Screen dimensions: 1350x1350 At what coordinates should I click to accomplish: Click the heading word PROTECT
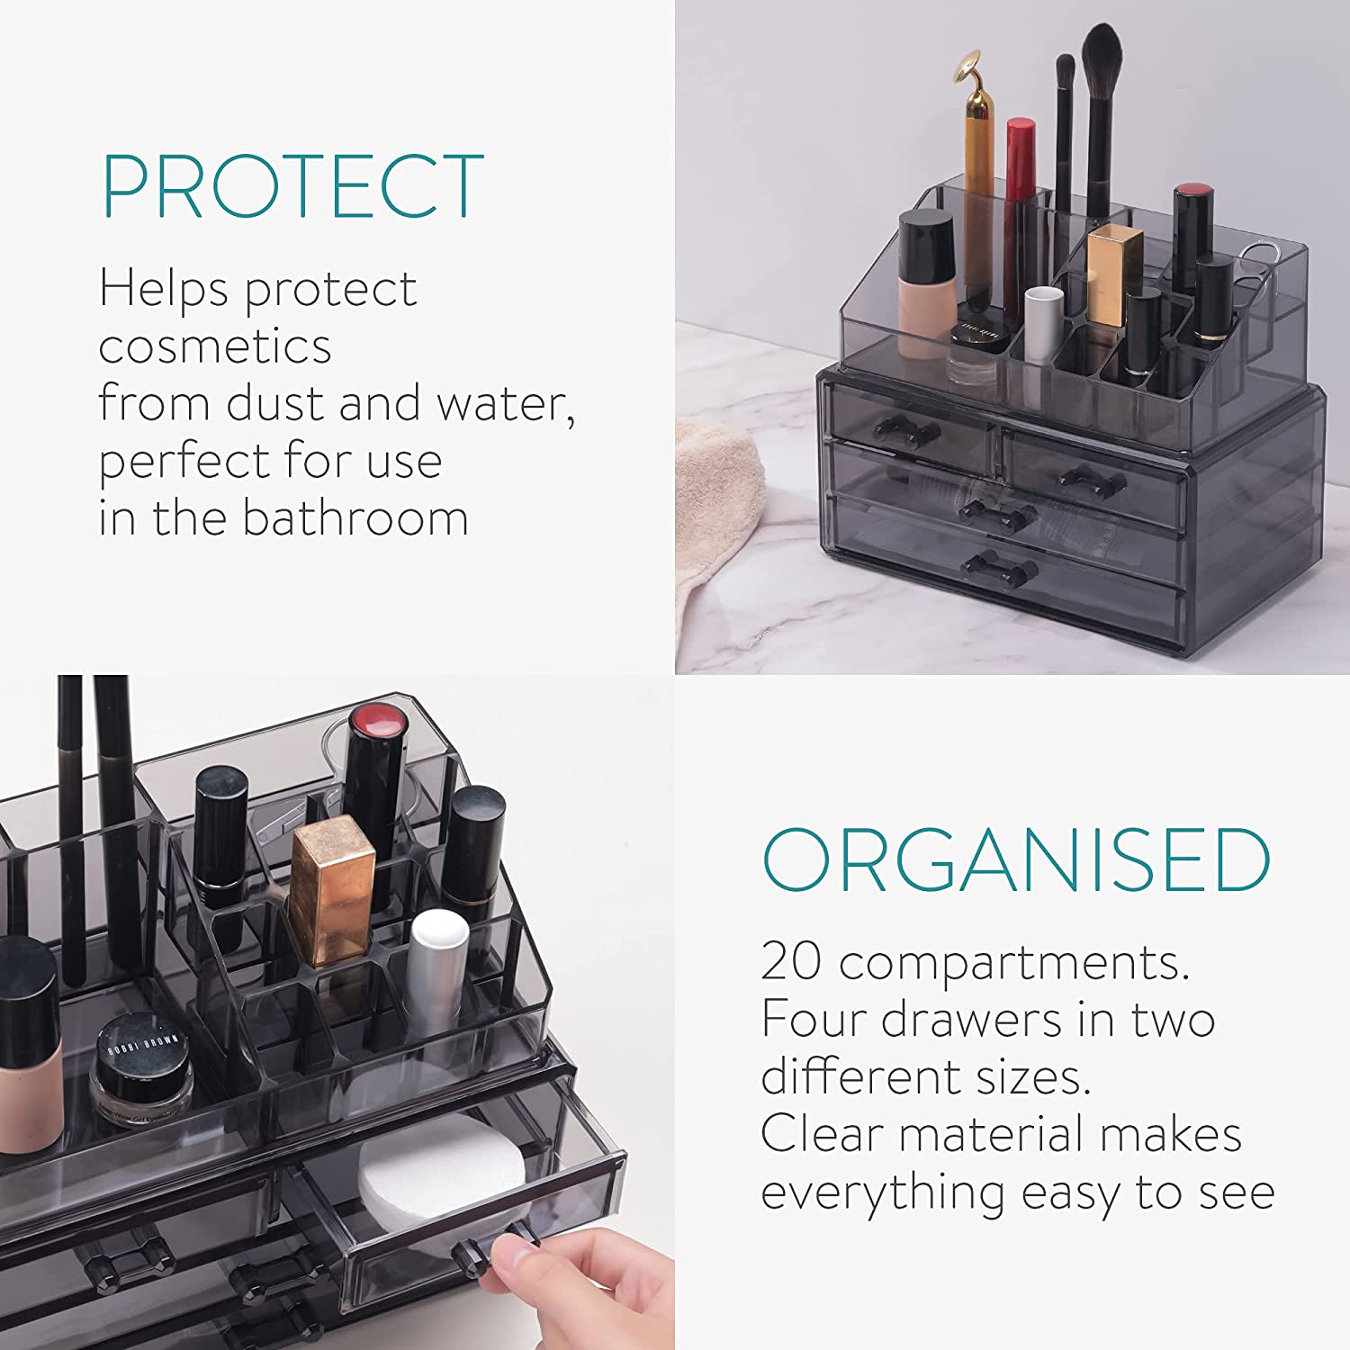tap(292, 186)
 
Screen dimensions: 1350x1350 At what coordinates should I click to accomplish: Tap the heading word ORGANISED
tap(1016, 859)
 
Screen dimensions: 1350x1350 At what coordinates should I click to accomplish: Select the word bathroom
tap(355, 518)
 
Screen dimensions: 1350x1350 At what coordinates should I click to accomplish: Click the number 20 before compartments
tap(791, 961)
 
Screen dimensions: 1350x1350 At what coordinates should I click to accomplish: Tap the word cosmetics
tap(215, 346)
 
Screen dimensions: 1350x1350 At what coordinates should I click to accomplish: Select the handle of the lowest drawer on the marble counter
tap(1000, 568)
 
